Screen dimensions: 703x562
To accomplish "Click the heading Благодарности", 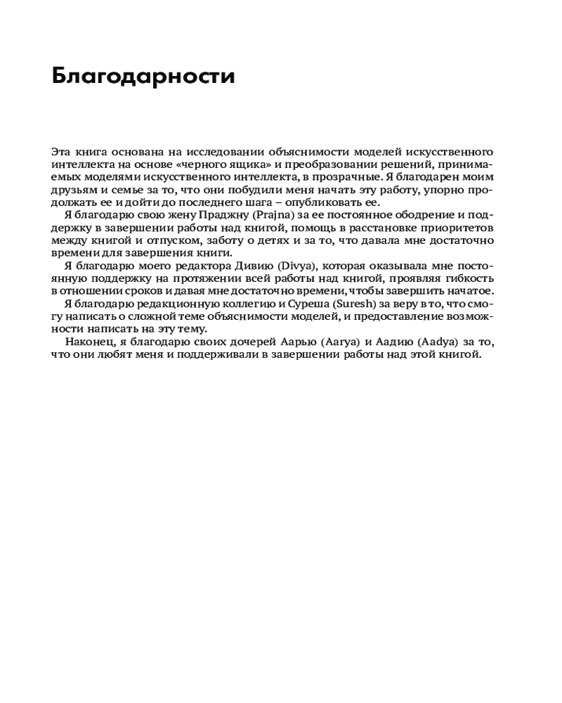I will [x=143, y=76].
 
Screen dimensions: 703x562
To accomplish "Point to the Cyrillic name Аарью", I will [x=303, y=342].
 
